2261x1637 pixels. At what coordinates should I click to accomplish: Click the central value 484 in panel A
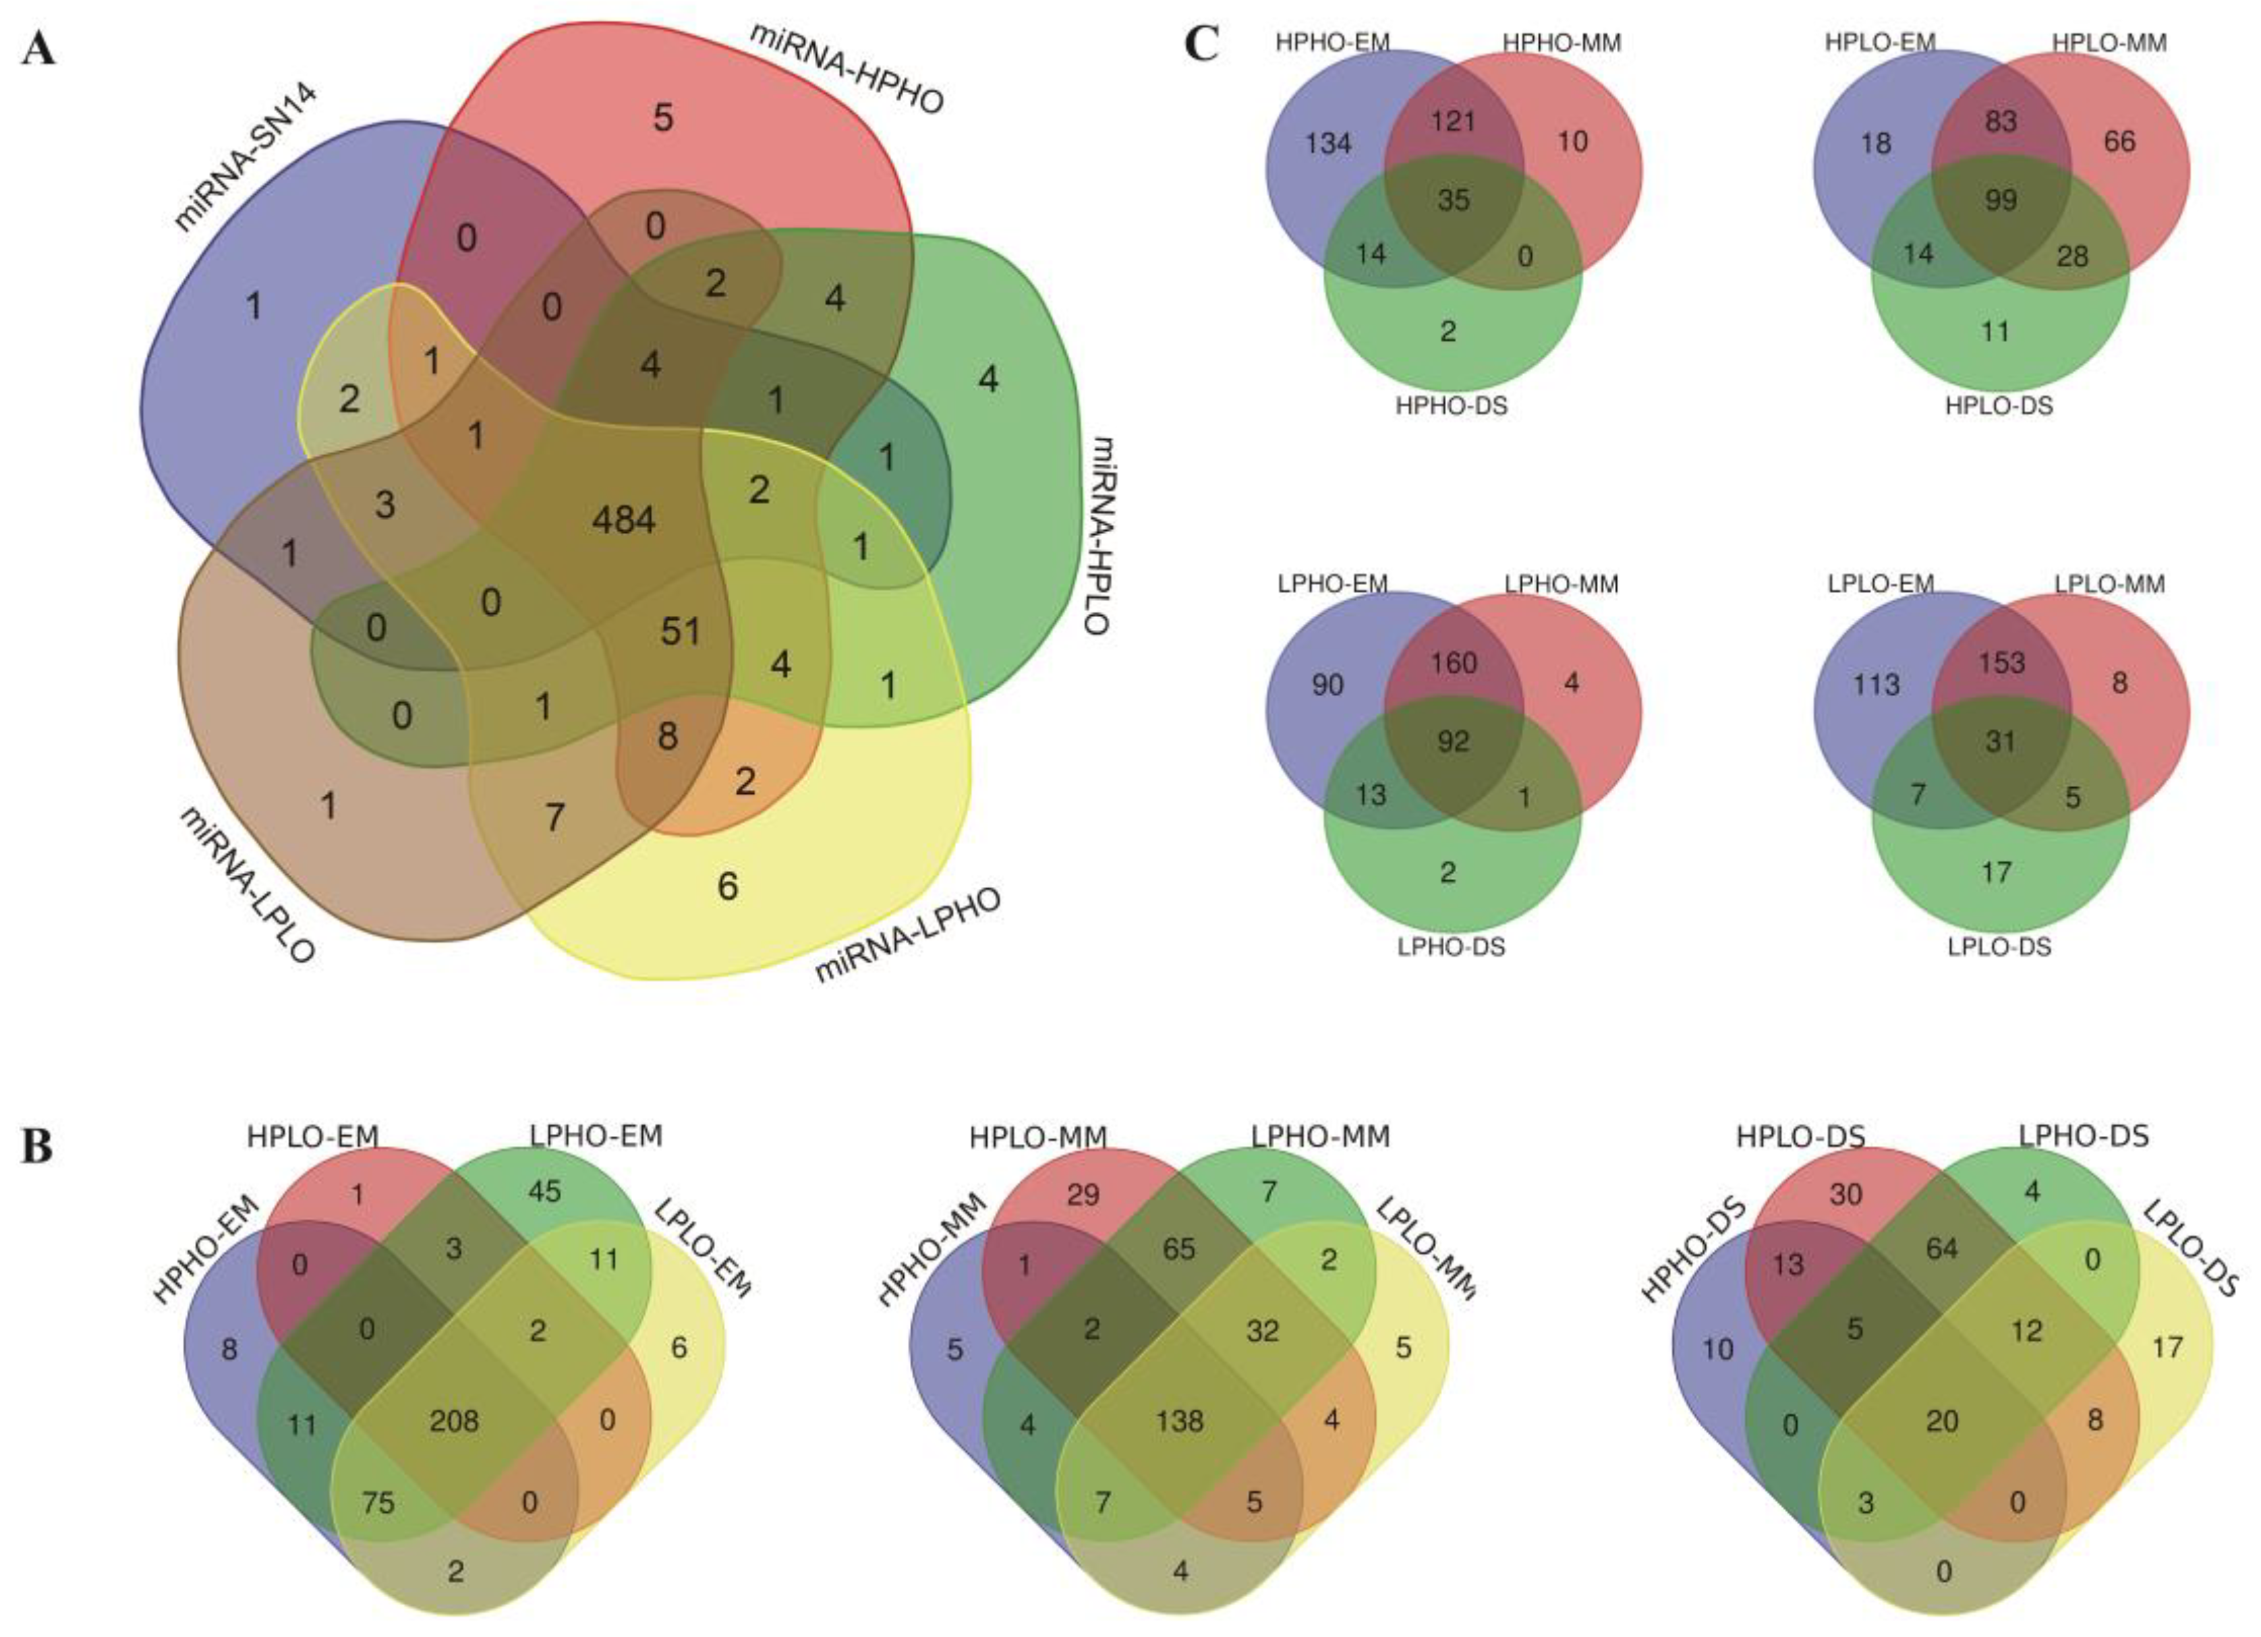[623, 519]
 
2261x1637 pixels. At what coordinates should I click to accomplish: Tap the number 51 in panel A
[680, 631]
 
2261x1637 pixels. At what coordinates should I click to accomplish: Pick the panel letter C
[1202, 45]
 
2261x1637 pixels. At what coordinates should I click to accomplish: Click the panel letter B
[38, 1147]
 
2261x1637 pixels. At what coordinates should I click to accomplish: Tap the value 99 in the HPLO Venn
[2000, 200]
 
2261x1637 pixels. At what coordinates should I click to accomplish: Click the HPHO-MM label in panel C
[1561, 43]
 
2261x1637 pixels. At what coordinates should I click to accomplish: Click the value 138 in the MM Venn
[1179, 1420]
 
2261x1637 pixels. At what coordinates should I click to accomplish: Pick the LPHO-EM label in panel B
[595, 1136]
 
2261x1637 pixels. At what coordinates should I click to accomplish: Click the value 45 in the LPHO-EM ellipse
[544, 1191]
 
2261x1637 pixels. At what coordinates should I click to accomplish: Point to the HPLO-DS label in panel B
[1800, 1137]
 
